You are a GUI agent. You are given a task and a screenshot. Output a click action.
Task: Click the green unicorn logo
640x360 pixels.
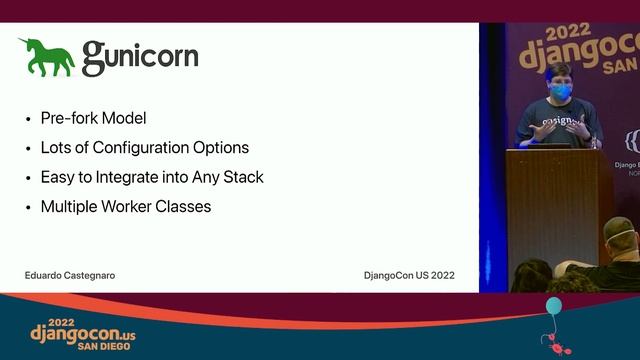tap(46, 57)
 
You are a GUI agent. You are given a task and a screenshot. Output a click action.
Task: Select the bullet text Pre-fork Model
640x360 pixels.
tap(93, 118)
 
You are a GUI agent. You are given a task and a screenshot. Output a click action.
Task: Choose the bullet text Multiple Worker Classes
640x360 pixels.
tap(125, 207)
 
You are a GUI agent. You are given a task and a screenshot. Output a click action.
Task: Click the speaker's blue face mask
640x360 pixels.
tap(561, 92)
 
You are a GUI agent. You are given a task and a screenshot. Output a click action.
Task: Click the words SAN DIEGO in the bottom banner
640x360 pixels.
tap(110, 345)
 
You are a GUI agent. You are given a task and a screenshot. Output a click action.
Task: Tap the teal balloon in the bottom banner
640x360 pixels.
tap(553, 306)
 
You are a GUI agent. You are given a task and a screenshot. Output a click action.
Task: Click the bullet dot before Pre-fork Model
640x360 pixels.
tap(28, 119)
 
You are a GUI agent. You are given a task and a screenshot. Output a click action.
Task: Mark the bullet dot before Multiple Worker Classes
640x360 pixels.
tap(28, 208)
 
